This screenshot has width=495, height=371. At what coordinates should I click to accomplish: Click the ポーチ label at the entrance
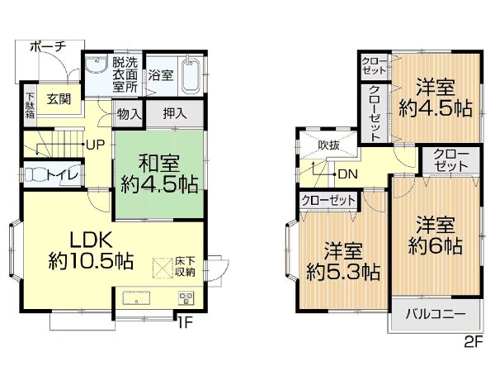[x=47, y=47]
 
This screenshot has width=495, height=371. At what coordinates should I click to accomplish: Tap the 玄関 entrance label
[x=58, y=99]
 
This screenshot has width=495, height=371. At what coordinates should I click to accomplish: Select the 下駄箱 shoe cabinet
[x=30, y=105]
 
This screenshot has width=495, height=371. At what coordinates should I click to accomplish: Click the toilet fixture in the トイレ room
[x=40, y=174]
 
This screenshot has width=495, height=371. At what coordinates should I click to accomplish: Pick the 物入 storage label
[x=129, y=114]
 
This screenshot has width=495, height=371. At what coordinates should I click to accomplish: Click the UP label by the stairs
[x=95, y=144]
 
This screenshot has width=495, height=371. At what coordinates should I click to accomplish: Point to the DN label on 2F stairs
[x=347, y=174]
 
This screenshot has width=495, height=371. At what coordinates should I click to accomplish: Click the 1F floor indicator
[x=183, y=322]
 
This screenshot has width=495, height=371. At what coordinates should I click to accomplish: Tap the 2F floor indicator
[x=471, y=340]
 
